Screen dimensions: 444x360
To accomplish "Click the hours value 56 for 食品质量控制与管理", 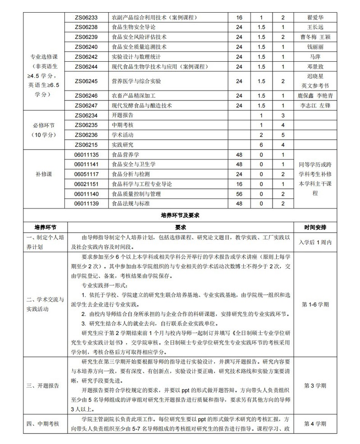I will coord(239,194).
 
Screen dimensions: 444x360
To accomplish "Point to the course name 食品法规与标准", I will coord(130,203).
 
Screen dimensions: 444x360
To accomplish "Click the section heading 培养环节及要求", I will coord(180,215).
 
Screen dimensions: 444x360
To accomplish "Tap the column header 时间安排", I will coord(315,226).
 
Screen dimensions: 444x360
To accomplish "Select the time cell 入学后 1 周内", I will coord(315,242).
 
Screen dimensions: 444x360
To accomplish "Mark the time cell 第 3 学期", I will coord(315,386).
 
